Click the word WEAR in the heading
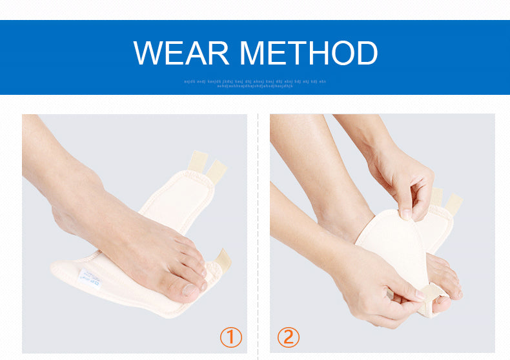pyautogui.click(x=182, y=53)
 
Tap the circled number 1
pyautogui.click(x=230, y=337)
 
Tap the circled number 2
pyautogui.click(x=288, y=337)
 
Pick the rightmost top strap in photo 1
pyautogui.click(x=217, y=169)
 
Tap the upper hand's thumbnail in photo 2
pyautogui.click(x=406, y=212)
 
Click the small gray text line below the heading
pyautogui.click(x=255, y=83)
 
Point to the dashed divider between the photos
pyautogui.click(x=258, y=232)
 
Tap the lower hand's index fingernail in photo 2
pyautogui.click(x=420, y=294)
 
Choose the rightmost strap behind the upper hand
pyautogui.click(x=454, y=203)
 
